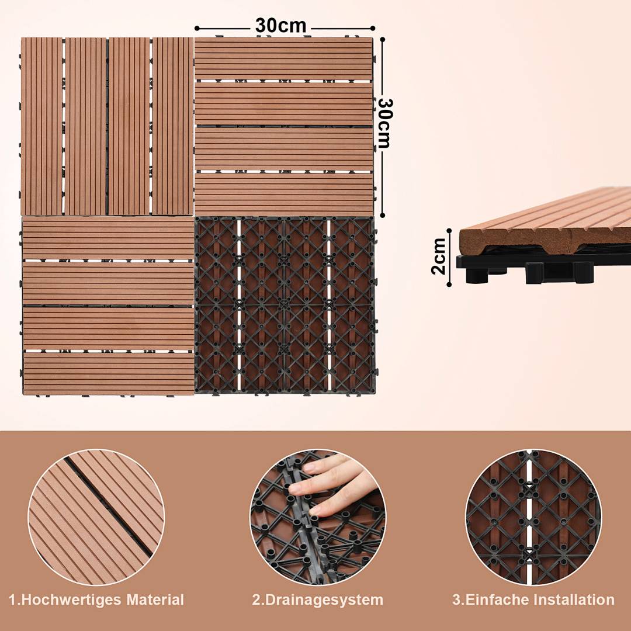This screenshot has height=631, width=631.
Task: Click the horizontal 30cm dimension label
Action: (x=280, y=26)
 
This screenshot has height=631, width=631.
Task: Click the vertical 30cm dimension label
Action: (x=384, y=123)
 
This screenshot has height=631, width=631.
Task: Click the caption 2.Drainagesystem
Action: (x=318, y=600)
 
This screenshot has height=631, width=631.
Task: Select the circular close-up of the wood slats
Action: (x=96, y=517)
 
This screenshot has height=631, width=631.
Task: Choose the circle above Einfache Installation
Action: (x=533, y=517)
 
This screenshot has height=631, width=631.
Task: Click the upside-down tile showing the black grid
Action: (x=285, y=305)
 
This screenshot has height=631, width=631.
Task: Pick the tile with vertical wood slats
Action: (x=107, y=126)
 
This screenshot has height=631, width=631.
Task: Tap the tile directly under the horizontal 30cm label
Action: (x=284, y=126)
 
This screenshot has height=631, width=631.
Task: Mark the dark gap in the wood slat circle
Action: (x=108, y=505)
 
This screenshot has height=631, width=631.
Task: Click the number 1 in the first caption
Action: (x=12, y=600)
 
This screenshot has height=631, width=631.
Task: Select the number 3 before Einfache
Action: (x=456, y=600)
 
